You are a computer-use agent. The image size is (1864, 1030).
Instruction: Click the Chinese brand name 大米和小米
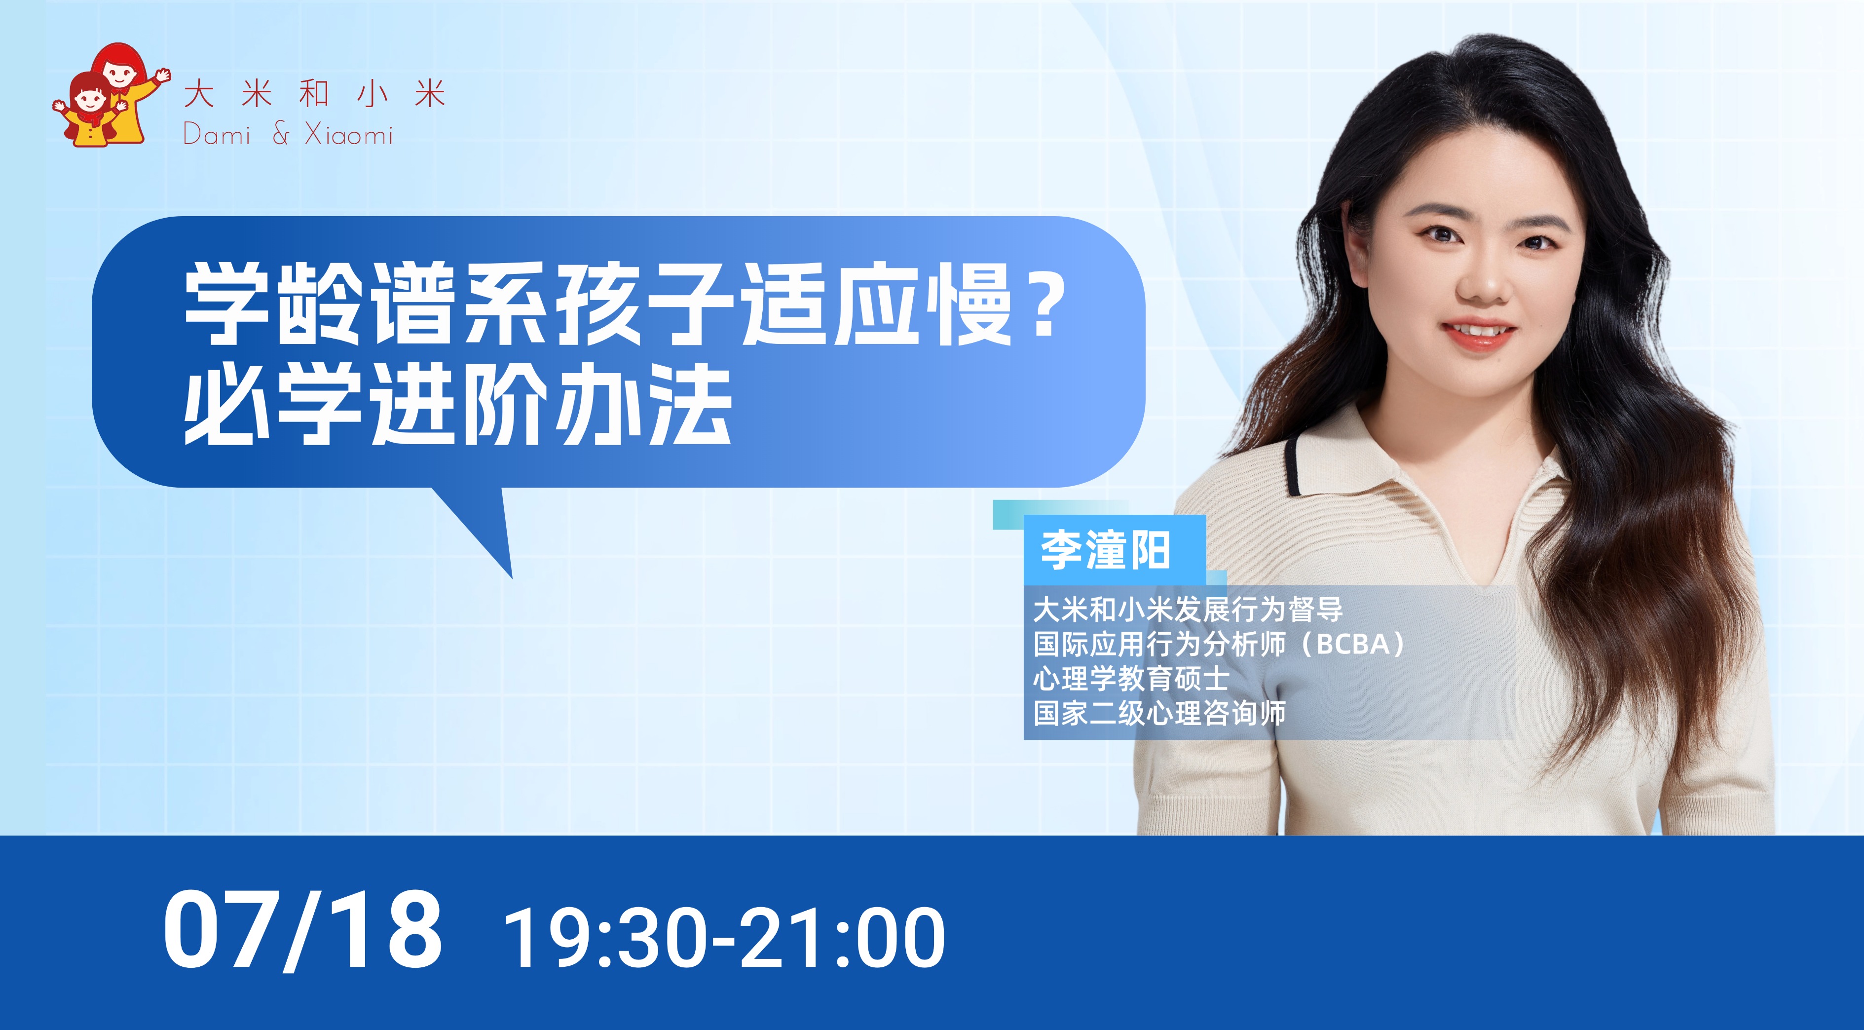tap(315, 95)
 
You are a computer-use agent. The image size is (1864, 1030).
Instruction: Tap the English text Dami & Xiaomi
tap(288, 134)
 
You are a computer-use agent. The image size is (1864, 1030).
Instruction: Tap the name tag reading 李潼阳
tap(1105, 551)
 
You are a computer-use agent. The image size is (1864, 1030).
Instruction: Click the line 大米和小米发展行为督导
tap(1188, 610)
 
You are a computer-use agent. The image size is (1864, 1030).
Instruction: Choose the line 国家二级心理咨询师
tap(1159, 713)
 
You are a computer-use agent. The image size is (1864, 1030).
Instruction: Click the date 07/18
tap(302, 930)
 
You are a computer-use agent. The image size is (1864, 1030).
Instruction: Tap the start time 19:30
tap(604, 938)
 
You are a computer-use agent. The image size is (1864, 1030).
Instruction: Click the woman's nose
tap(1481, 282)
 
